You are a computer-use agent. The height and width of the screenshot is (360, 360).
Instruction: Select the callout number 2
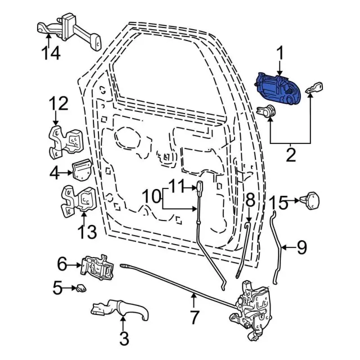pos(290,154)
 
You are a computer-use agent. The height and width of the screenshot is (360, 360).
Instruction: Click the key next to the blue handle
pos(314,88)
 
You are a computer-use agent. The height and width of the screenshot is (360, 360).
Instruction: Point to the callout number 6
pos(61,263)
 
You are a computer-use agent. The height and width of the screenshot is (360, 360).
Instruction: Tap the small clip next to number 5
pos(80,289)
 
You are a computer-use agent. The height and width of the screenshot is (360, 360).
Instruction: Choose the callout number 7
pos(195,317)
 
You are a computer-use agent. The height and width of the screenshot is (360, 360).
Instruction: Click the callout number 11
pos(177,184)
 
